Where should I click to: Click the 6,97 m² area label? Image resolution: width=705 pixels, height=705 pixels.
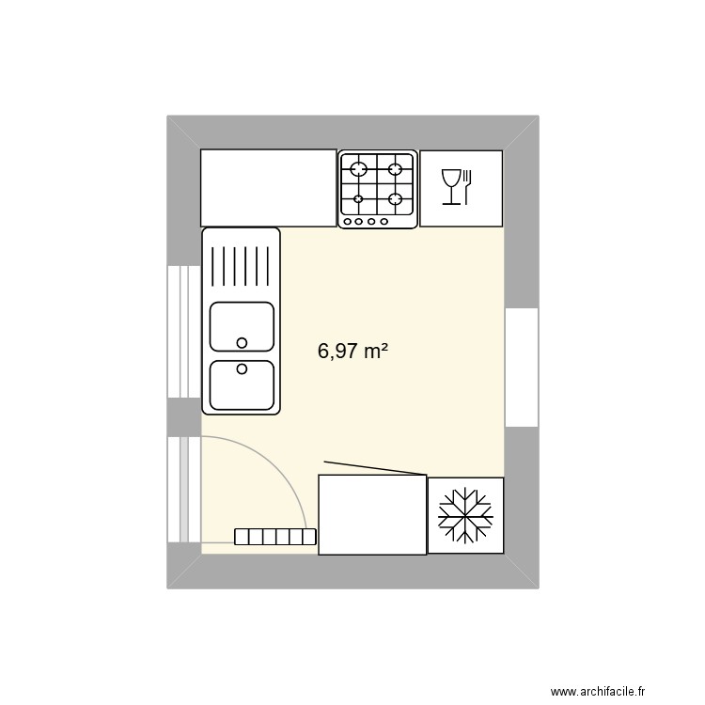point(352,352)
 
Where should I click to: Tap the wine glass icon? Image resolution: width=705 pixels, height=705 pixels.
point(451,186)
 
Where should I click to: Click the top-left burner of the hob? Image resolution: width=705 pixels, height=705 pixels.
point(358,170)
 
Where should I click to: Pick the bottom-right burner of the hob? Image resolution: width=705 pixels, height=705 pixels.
point(396,199)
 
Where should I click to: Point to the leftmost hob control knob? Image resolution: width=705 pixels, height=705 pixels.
point(348,222)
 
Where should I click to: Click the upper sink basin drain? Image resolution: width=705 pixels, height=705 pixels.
point(242,342)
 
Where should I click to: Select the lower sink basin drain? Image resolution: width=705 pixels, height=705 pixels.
point(242,369)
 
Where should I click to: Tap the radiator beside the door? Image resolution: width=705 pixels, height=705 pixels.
point(274,537)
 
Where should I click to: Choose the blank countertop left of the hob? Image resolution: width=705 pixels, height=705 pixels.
point(269,187)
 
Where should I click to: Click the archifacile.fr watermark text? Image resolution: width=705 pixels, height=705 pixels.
point(598,692)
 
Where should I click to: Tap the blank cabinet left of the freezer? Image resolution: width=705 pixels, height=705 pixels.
point(372,514)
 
